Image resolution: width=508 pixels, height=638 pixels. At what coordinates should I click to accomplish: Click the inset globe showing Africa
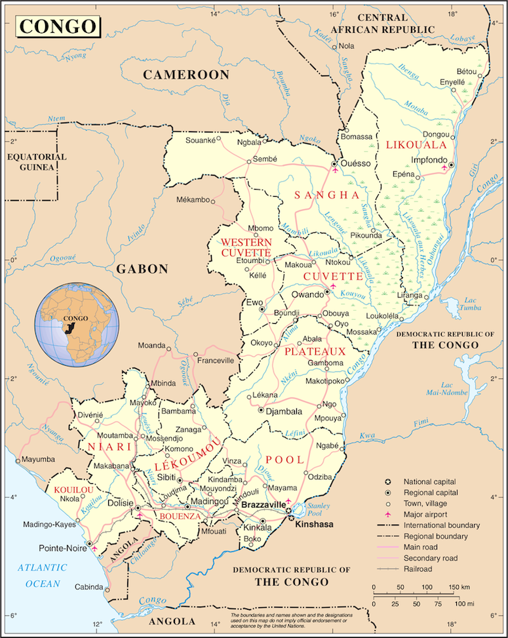point(78,325)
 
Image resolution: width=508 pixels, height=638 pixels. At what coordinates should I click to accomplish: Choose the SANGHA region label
point(326,195)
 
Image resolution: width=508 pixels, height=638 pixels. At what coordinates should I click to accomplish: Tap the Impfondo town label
point(428,161)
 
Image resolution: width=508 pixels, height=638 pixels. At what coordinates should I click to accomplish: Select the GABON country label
point(142,269)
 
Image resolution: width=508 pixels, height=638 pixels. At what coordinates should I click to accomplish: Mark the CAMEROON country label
point(186,75)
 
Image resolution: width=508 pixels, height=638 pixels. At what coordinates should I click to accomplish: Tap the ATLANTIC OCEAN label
point(43,575)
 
